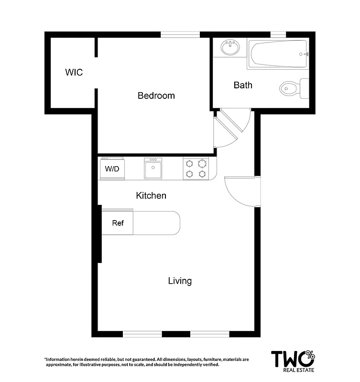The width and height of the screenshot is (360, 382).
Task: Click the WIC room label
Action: pyautogui.click(x=74, y=73)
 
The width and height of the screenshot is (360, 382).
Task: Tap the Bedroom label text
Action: pyautogui.click(x=156, y=95)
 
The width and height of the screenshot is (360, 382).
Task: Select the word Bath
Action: pyautogui.click(x=243, y=85)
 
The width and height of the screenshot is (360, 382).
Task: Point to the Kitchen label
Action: pyautogui.click(x=151, y=195)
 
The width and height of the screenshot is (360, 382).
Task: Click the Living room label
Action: pyautogui.click(x=180, y=281)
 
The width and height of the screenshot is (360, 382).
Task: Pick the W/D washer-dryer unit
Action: pyautogui.click(x=112, y=169)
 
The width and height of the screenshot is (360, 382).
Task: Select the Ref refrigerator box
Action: pyautogui.click(x=118, y=223)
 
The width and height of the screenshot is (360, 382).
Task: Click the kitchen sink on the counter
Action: pyautogui.click(x=153, y=169)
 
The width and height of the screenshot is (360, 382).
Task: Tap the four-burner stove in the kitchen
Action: pyautogui.click(x=196, y=169)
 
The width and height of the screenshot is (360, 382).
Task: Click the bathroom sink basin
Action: pyautogui.click(x=230, y=48)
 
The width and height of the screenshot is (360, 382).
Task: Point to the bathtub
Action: pyautogui.click(x=277, y=54)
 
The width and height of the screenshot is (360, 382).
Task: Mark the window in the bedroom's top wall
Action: pyautogui.click(x=180, y=34)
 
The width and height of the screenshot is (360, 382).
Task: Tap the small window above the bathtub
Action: pyautogui.click(x=277, y=34)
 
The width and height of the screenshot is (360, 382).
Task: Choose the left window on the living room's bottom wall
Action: pyautogui.click(x=142, y=334)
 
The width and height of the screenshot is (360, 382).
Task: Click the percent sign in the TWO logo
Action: pyautogui.click(x=310, y=355)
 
